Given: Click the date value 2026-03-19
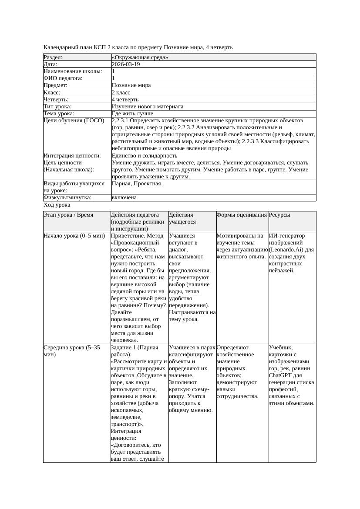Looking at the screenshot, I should tap(126, 64).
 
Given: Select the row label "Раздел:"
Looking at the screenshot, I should tap(53, 57).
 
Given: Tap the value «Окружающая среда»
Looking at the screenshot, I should tap(140, 57).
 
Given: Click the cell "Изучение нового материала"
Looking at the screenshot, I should tap(148, 106).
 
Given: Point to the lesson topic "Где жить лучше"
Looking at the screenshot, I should tap(132, 114).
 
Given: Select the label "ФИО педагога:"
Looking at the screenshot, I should tap(63, 78).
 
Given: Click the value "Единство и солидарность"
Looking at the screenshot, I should tap(145, 155).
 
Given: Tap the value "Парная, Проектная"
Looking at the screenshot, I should tap(136, 184).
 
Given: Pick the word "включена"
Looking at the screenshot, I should tap(124, 198).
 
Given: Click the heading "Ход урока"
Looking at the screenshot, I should tap(57, 205).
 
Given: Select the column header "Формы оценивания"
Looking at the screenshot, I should tap(242, 215).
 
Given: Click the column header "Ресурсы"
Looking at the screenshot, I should tap(279, 215).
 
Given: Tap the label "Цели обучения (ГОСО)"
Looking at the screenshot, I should tap(74, 121).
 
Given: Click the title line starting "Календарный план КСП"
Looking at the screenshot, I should tap(138, 47).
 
